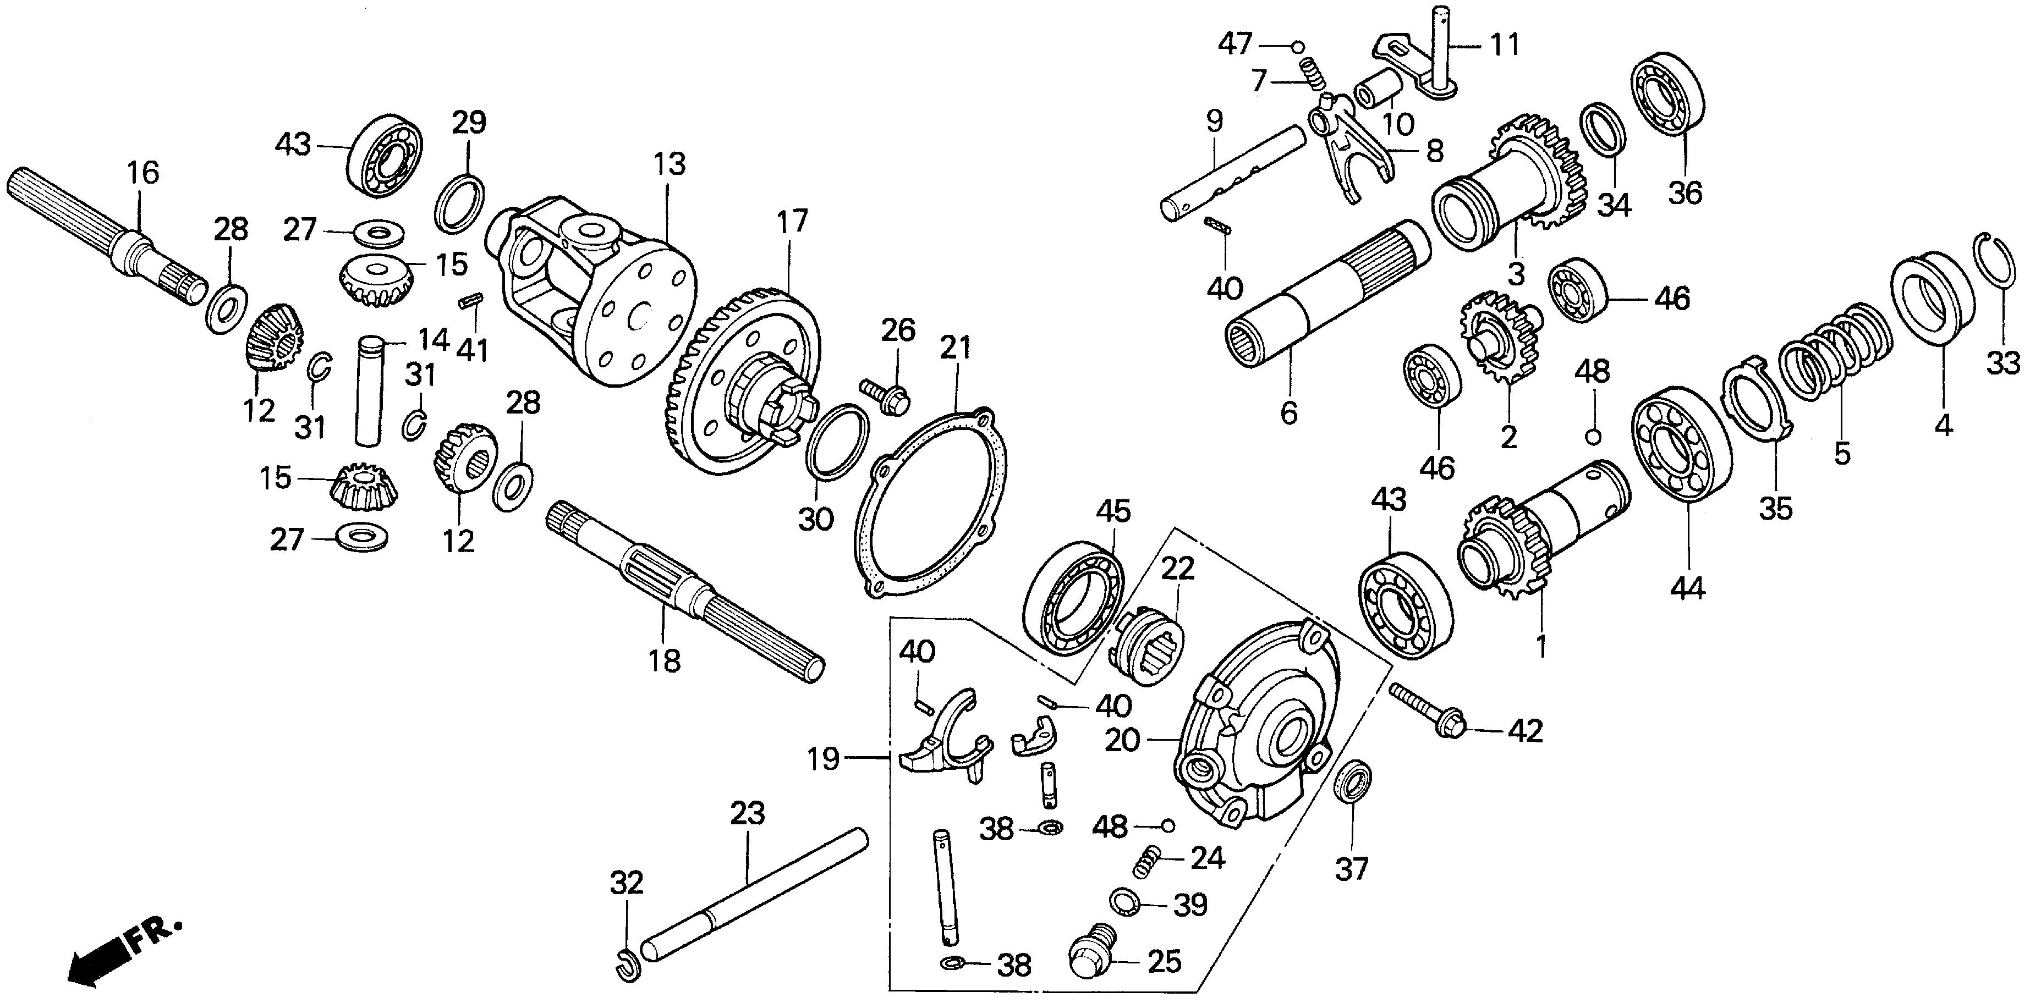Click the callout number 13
[669, 164]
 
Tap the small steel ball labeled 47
[1298, 47]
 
